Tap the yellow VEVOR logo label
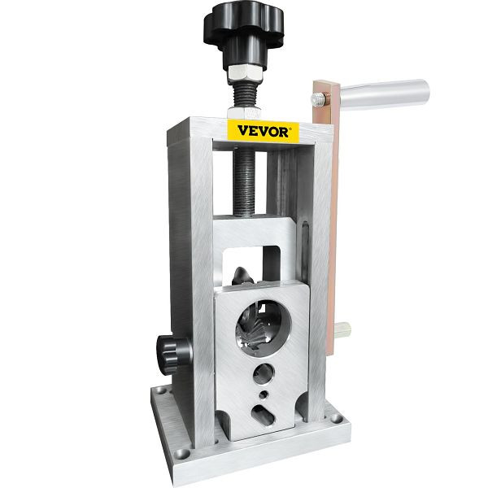pos(263,131)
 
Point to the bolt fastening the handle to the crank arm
pos(317,99)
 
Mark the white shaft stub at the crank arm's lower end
pos(342,329)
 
